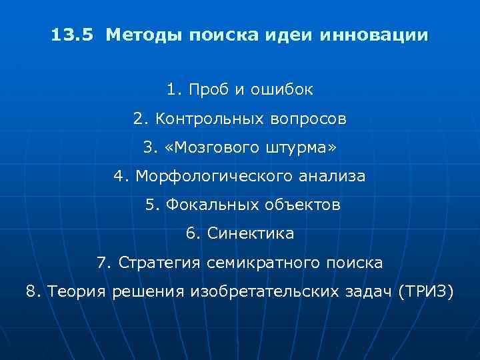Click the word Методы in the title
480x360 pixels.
(139, 34)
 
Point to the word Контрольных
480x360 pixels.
(204, 119)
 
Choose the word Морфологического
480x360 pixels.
(213, 177)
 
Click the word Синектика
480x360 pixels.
(251, 234)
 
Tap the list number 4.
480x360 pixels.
(121, 177)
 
